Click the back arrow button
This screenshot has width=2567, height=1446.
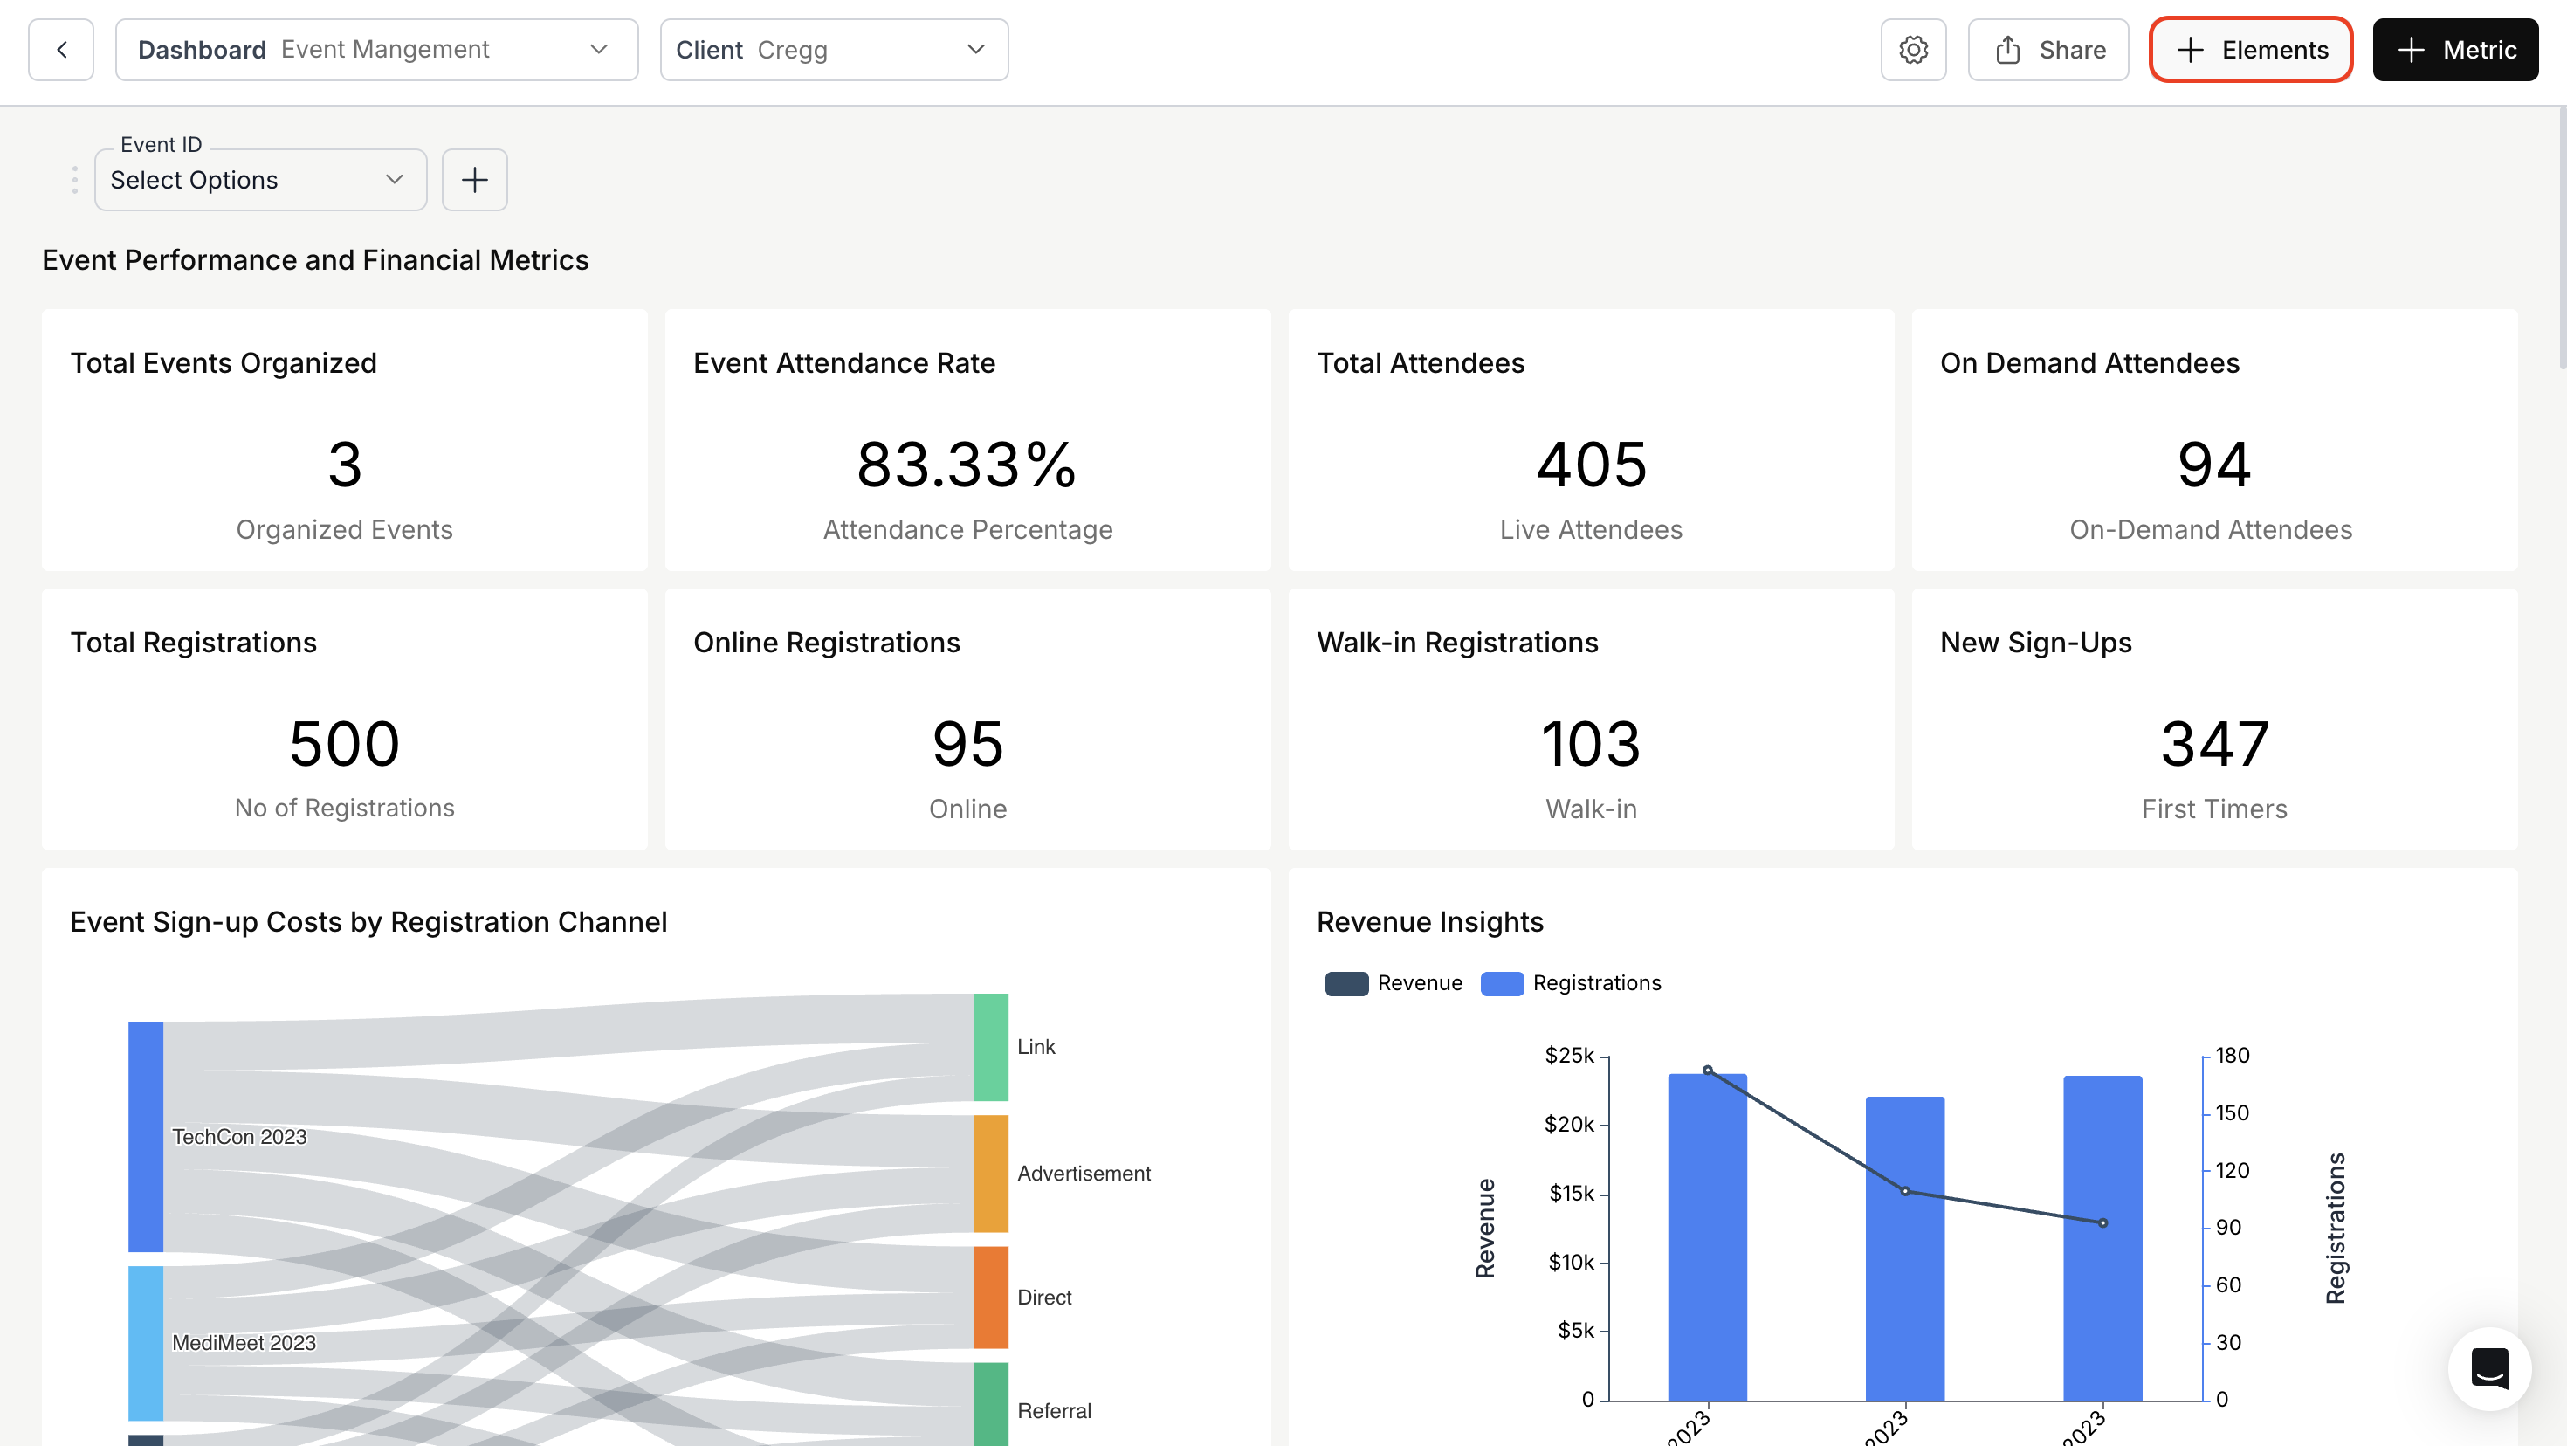coord(61,50)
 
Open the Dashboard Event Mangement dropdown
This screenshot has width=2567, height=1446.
coord(375,50)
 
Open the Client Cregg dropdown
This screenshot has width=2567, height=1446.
coord(833,50)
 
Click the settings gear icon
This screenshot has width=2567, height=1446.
coord(1912,50)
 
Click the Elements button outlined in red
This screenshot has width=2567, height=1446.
coord(2250,50)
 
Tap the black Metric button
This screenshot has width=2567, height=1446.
coord(2454,50)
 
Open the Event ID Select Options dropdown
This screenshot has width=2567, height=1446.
coord(259,181)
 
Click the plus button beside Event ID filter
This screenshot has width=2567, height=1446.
coord(474,181)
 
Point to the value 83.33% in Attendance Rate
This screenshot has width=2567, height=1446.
coord(967,465)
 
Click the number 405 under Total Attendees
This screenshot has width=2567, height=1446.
coord(1591,465)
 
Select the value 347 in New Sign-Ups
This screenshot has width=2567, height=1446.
coord(2214,743)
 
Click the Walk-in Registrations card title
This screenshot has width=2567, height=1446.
coord(1457,643)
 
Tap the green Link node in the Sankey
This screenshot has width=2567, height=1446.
coord(990,1046)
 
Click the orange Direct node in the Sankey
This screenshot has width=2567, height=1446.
coord(990,1297)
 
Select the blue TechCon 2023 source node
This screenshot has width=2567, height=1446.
coord(146,1136)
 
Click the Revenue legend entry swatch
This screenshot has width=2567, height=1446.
coord(1346,983)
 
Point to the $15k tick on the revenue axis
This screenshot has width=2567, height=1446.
coord(1572,1193)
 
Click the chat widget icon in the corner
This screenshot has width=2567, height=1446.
coord(2488,1368)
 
